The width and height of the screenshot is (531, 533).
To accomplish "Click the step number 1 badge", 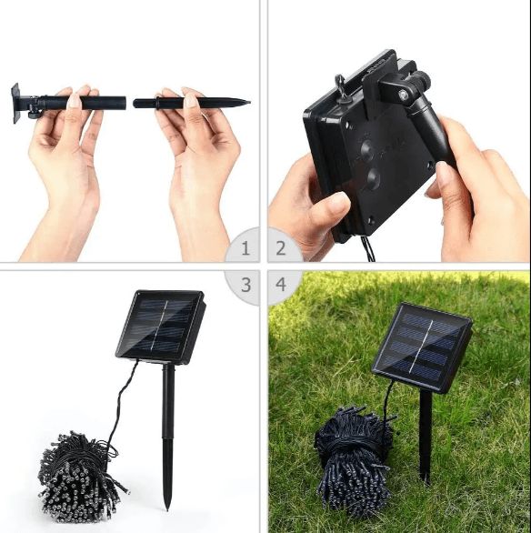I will [243, 246].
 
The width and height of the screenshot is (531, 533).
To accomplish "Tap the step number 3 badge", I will [244, 286].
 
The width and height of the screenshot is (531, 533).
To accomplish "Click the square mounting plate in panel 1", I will [15, 103].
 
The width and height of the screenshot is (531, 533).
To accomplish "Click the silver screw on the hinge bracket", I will [402, 95].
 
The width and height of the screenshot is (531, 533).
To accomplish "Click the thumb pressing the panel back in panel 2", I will [331, 204].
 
